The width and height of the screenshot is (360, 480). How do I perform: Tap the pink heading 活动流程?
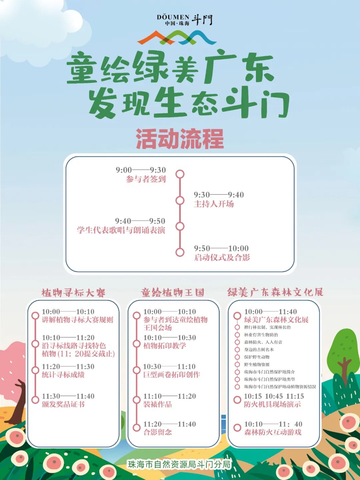(x=180, y=139)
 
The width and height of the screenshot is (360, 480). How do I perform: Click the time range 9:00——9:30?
(x=141, y=170)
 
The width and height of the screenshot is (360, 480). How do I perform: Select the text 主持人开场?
(x=214, y=204)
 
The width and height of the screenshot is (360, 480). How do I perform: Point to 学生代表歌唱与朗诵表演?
(x=121, y=230)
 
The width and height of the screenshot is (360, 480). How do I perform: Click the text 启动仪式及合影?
(x=222, y=258)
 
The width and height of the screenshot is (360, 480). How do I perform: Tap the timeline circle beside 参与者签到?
(x=180, y=174)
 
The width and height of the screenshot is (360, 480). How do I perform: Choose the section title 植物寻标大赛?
(x=73, y=293)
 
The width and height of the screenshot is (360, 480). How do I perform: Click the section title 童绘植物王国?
(x=173, y=293)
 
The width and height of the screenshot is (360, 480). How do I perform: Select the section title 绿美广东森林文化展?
(x=275, y=292)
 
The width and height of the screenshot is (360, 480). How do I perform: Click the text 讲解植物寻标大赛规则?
(x=77, y=320)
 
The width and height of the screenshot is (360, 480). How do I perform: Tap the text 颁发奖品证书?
(x=63, y=405)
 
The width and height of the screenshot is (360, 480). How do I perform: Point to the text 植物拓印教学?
(x=165, y=346)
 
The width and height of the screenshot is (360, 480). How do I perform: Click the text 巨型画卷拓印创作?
(x=172, y=375)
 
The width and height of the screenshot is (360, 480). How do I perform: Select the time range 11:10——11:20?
(x=170, y=396)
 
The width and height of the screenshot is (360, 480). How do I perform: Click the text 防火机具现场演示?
(x=272, y=405)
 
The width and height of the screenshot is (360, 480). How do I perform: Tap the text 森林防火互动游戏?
(x=273, y=433)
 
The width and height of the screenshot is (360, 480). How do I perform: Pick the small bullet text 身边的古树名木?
(x=259, y=350)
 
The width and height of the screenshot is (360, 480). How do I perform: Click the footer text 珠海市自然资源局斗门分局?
(x=179, y=464)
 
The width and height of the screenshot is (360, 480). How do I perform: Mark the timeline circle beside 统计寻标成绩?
(x=35, y=370)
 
